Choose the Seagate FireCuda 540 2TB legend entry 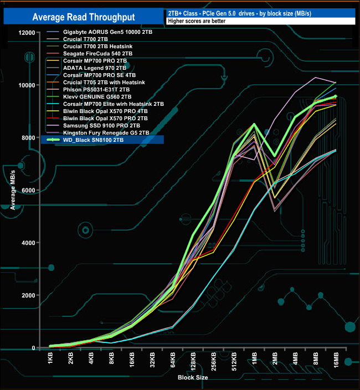point(97,54)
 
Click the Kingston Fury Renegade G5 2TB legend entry point(106,132)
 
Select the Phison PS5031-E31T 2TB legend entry point(97,89)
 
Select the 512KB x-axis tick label point(234,362)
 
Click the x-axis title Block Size point(193,377)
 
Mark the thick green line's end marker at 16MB point(335,96)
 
